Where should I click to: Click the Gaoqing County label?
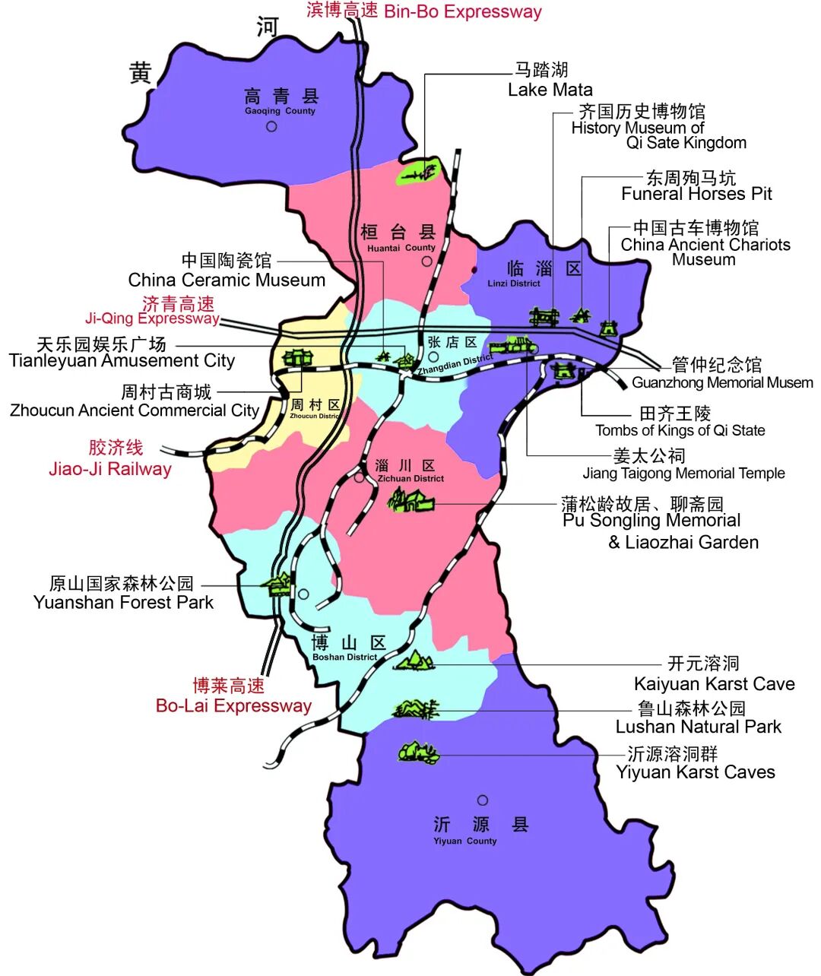pos(281,101)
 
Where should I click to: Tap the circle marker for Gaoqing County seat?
pos(271,126)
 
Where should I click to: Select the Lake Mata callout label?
pos(549,80)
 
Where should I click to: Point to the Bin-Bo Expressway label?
pos(424,11)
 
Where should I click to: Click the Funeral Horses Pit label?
pos(696,186)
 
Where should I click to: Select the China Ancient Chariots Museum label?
pos(705,243)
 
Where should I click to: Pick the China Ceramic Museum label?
pos(227,271)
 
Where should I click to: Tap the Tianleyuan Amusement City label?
pos(122,352)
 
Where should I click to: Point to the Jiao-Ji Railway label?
pos(111,458)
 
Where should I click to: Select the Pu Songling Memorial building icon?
pos(410,500)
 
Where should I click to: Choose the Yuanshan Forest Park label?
pos(123,593)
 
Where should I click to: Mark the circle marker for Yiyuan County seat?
pos(482,800)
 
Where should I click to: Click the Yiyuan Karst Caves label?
pos(695,763)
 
